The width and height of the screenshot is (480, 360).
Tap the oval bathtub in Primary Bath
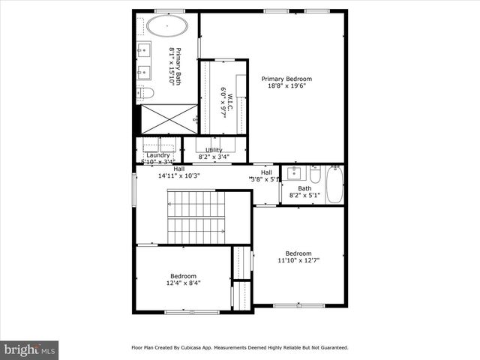point(166,27)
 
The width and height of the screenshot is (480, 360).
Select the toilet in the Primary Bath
point(147,93)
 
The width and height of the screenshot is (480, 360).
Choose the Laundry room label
point(158,154)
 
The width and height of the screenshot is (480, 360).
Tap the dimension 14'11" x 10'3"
point(178,176)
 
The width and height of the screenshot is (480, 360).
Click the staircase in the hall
point(196,217)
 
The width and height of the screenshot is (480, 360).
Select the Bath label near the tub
point(304,188)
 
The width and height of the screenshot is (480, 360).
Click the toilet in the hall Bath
point(316,175)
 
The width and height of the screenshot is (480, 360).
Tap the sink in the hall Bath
point(293,174)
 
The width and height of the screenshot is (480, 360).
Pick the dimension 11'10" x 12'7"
point(298,261)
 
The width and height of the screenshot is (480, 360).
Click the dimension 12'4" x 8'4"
point(182,283)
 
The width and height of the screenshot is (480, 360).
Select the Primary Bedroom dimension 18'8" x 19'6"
point(286,86)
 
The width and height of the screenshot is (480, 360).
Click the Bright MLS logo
point(30,349)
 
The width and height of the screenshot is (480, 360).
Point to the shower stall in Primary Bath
point(168,119)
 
